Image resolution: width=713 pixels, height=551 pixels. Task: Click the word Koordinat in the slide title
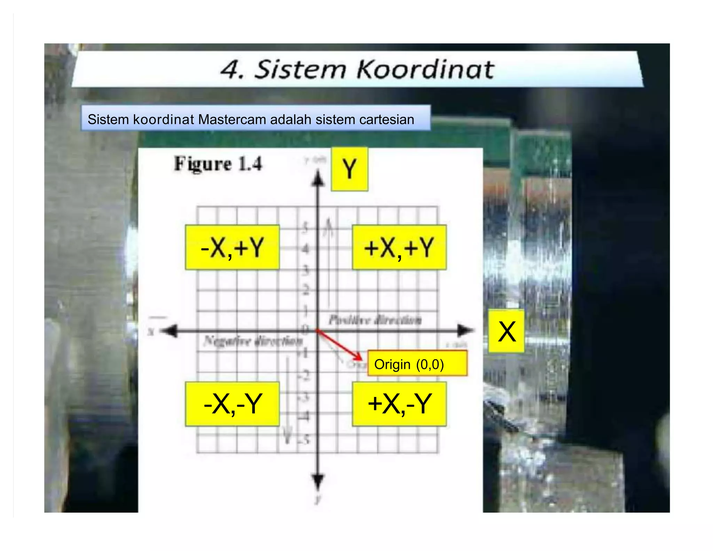click(425, 69)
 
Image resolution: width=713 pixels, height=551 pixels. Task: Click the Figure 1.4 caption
click(218, 164)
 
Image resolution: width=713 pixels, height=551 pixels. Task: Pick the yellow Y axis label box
click(349, 169)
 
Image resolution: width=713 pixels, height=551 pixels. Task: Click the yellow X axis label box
click(506, 331)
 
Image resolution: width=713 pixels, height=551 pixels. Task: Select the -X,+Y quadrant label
click(232, 247)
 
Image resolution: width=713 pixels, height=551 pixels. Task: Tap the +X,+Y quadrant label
click(399, 247)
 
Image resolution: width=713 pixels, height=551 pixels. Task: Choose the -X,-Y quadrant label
click(232, 404)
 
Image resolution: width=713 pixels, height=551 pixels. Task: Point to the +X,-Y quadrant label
click(399, 404)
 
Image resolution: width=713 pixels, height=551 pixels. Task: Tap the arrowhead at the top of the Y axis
click(318, 178)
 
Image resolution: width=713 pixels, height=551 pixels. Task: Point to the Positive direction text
click(375, 320)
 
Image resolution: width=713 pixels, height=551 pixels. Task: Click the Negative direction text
click(253, 341)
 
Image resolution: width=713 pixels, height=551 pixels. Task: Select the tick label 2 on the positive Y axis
click(306, 290)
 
